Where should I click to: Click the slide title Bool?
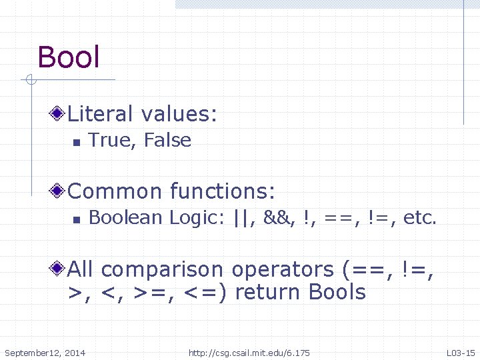tap(69, 57)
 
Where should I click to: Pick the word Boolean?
tap(126, 217)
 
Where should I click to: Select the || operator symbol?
tap(244, 217)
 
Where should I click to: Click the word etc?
tap(421, 217)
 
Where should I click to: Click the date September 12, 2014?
tap(45, 353)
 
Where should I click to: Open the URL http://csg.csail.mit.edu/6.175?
tap(249, 353)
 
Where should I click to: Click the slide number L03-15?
tap(460, 353)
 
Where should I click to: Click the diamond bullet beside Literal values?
tap(59, 114)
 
